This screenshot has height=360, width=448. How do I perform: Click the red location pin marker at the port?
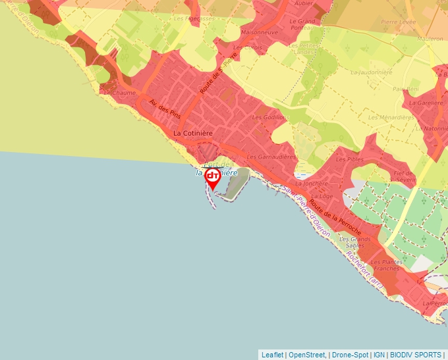(x=213, y=178)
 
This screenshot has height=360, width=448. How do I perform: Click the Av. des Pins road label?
(x=165, y=109)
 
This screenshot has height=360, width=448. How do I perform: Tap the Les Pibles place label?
(x=350, y=159)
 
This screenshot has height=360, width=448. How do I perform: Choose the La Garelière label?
(x=426, y=103)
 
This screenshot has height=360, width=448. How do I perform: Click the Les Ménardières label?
(x=391, y=118)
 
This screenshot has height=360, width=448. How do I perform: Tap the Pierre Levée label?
(x=398, y=22)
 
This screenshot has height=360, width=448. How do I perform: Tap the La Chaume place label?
(x=120, y=93)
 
